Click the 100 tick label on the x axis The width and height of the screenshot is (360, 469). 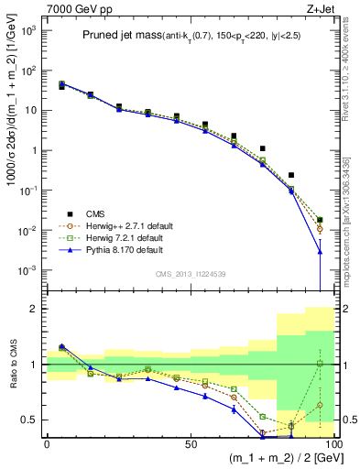pyautogui.click(x=332, y=442)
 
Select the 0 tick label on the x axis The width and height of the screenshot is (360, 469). pyautogui.click(x=47, y=442)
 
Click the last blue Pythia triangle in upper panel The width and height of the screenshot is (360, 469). pyautogui.click(x=320, y=251)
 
